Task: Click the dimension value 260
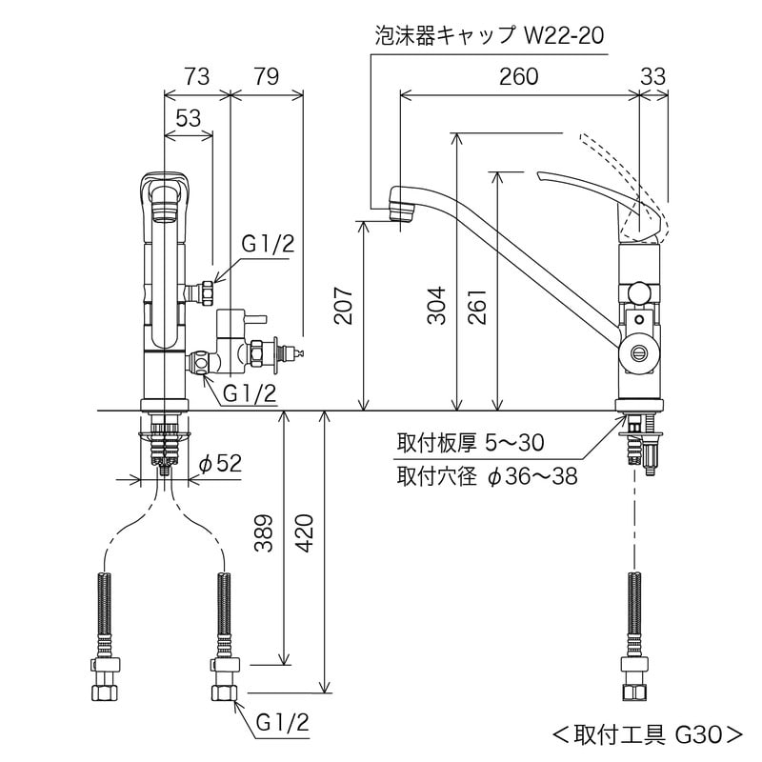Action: pyautogui.click(x=518, y=77)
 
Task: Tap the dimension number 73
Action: pyautogui.click(x=196, y=77)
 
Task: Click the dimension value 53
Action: pyautogui.click(x=189, y=117)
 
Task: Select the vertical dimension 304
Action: pyautogui.click(x=436, y=305)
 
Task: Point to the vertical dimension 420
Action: pyautogui.click(x=306, y=533)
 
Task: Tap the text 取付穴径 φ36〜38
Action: pyautogui.click(x=487, y=475)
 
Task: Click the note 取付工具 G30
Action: pyautogui.click(x=647, y=734)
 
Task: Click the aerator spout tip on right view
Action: pyautogui.click(x=402, y=207)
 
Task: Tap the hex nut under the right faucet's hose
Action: pyautogui.click(x=634, y=689)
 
